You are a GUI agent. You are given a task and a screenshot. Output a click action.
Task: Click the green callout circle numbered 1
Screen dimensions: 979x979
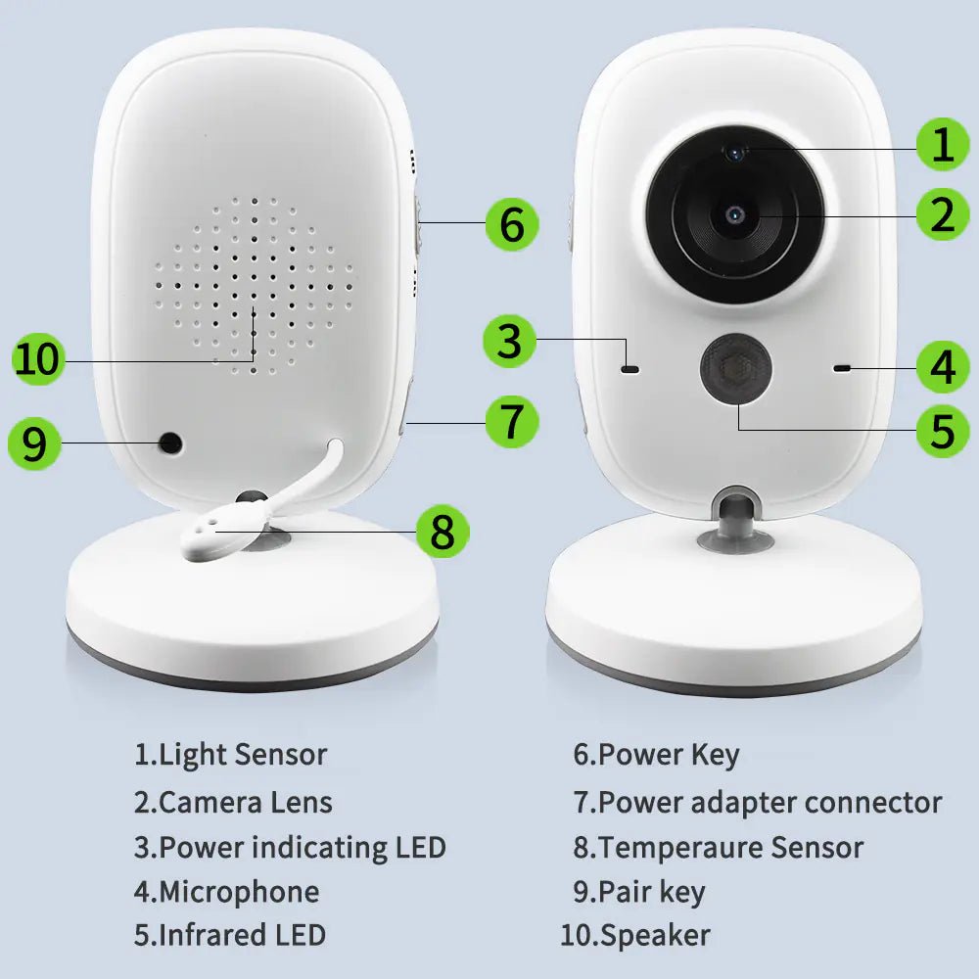pos(943,145)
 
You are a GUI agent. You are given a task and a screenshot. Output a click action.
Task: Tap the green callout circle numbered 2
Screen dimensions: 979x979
pos(943,214)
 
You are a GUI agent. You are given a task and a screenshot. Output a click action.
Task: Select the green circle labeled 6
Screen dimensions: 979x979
pos(512,224)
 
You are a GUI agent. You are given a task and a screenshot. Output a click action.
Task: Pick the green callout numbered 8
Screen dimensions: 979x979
pos(443,533)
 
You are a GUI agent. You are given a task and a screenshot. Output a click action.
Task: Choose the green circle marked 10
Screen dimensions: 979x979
pos(38,359)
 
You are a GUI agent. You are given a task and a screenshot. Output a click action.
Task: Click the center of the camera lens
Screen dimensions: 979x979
pos(735,214)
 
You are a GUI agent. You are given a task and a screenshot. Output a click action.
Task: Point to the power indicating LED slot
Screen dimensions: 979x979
pos(629,370)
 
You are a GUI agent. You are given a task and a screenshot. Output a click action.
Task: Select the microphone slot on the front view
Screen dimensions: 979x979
pos(841,368)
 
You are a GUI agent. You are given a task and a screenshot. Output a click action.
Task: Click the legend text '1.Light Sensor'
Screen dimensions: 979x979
pos(230,755)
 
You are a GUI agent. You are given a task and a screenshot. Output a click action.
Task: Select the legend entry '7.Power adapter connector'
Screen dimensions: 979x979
pos(757,802)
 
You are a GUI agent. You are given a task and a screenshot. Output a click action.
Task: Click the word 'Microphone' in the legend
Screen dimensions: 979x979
pos(238,892)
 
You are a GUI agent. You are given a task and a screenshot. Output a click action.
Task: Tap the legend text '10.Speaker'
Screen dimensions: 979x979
pos(634,935)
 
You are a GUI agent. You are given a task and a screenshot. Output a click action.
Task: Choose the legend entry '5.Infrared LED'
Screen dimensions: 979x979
pos(229,935)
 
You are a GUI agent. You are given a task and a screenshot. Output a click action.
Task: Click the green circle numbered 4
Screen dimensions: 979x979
pos(943,368)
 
